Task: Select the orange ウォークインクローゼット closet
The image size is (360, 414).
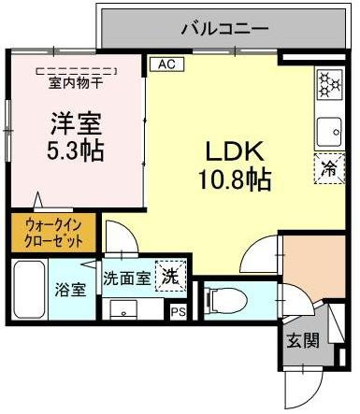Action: [52, 233]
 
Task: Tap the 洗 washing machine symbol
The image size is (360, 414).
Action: [169, 277]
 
